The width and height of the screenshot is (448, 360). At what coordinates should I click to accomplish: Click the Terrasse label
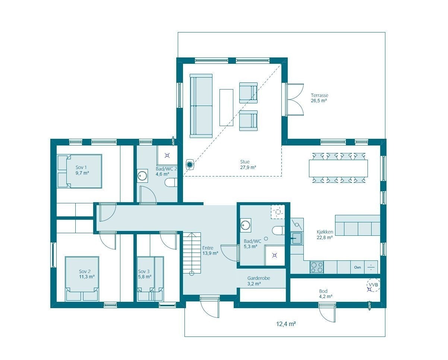click(319, 95)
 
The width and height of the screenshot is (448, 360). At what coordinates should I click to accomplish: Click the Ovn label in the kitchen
click(357, 267)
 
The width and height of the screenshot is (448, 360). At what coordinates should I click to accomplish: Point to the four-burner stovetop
click(317, 267)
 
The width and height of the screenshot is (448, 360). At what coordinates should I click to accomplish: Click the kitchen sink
click(297, 238)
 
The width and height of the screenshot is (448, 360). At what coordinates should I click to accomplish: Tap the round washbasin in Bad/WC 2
click(142, 175)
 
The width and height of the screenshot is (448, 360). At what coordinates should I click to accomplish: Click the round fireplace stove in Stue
click(190, 165)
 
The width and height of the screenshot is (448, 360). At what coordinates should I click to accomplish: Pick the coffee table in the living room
click(226, 107)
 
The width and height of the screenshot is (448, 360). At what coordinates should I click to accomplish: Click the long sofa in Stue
click(201, 106)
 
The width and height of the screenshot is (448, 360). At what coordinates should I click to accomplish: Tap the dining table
click(338, 168)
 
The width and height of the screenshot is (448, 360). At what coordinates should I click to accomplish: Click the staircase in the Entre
click(192, 253)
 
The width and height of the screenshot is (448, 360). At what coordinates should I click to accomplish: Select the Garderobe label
click(259, 278)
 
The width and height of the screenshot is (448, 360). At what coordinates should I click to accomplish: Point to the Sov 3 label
click(144, 271)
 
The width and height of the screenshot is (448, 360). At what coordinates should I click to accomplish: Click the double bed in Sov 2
click(82, 279)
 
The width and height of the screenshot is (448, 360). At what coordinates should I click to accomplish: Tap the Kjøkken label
click(325, 232)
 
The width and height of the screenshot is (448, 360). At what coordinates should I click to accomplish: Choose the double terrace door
click(294, 100)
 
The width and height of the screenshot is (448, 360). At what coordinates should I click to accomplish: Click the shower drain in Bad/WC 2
click(167, 155)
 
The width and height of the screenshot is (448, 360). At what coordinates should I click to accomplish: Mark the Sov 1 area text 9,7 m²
click(82, 173)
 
